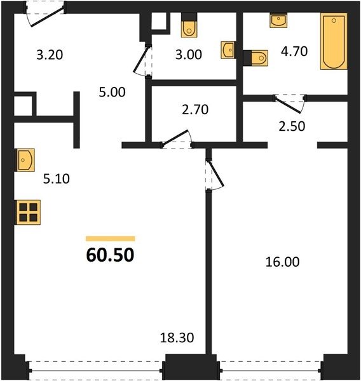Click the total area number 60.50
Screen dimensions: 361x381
point(110,255)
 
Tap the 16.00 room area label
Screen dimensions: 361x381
point(282,262)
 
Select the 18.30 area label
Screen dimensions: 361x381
point(177,338)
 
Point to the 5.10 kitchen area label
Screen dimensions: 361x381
point(57,179)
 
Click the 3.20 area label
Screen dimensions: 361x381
point(50,55)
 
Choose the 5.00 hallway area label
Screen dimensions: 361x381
point(112,92)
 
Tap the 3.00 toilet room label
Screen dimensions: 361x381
point(189,55)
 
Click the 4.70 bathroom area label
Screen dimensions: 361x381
point(294,51)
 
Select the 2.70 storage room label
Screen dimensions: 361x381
point(195,110)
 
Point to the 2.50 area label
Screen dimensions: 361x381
point(292,126)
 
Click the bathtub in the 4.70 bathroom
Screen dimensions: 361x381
point(334,41)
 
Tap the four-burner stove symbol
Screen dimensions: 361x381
point(28,212)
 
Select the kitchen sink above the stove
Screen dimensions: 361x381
point(25,160)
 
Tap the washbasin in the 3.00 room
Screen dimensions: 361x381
point(228,50)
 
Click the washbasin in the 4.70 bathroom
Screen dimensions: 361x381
point(278,20)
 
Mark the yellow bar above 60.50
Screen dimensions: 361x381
point(110,239)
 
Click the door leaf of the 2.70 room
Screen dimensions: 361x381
point(175,138)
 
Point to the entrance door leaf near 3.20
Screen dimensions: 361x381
point(48,17)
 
